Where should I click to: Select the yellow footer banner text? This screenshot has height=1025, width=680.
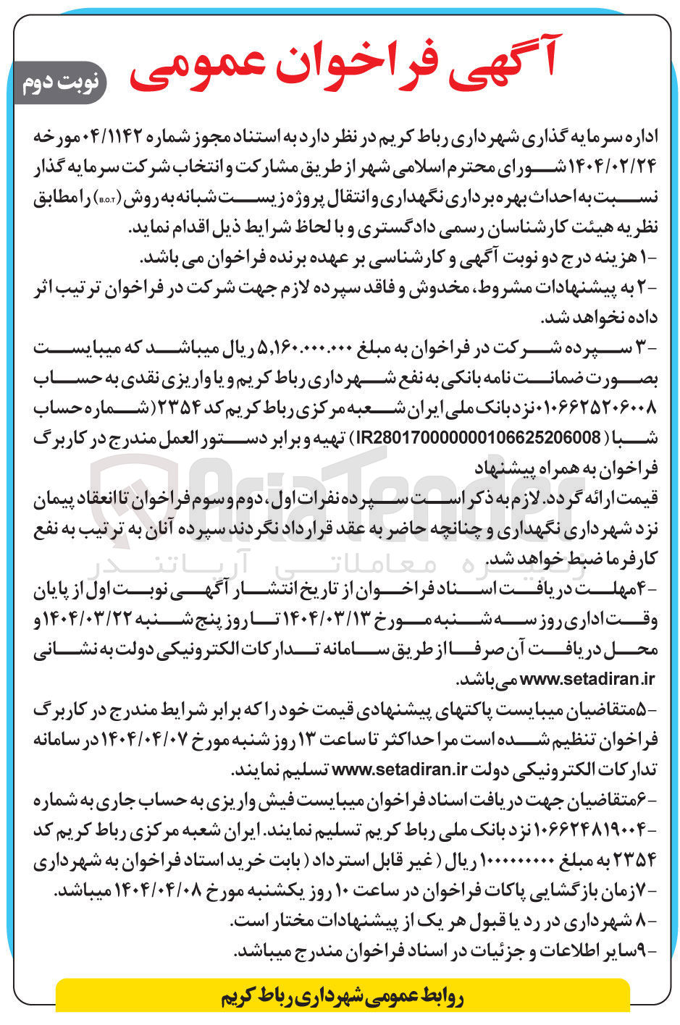pyautogui.click(x=342, y=997)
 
